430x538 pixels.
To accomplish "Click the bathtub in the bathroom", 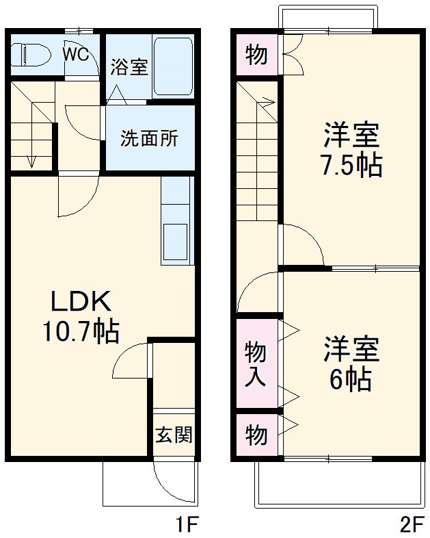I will (x=174, y=66).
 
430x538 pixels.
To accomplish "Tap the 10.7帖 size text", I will (x=79, y=333).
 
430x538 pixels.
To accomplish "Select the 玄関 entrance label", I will (x=174, y=434).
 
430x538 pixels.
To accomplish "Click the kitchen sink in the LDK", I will (x=176, y=241).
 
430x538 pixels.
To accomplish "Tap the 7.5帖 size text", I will (x=351, y=166).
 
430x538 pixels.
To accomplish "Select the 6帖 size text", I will (x=351, y=379).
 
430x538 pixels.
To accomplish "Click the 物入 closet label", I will (x=256, y=363).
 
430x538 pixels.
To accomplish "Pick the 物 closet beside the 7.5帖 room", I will (x=256, y=55).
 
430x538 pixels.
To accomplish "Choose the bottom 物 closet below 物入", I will (x=256, y=434).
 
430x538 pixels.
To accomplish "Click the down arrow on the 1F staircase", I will (x=31, y=160).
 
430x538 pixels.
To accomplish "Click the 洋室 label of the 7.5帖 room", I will (x=351, y=136).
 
